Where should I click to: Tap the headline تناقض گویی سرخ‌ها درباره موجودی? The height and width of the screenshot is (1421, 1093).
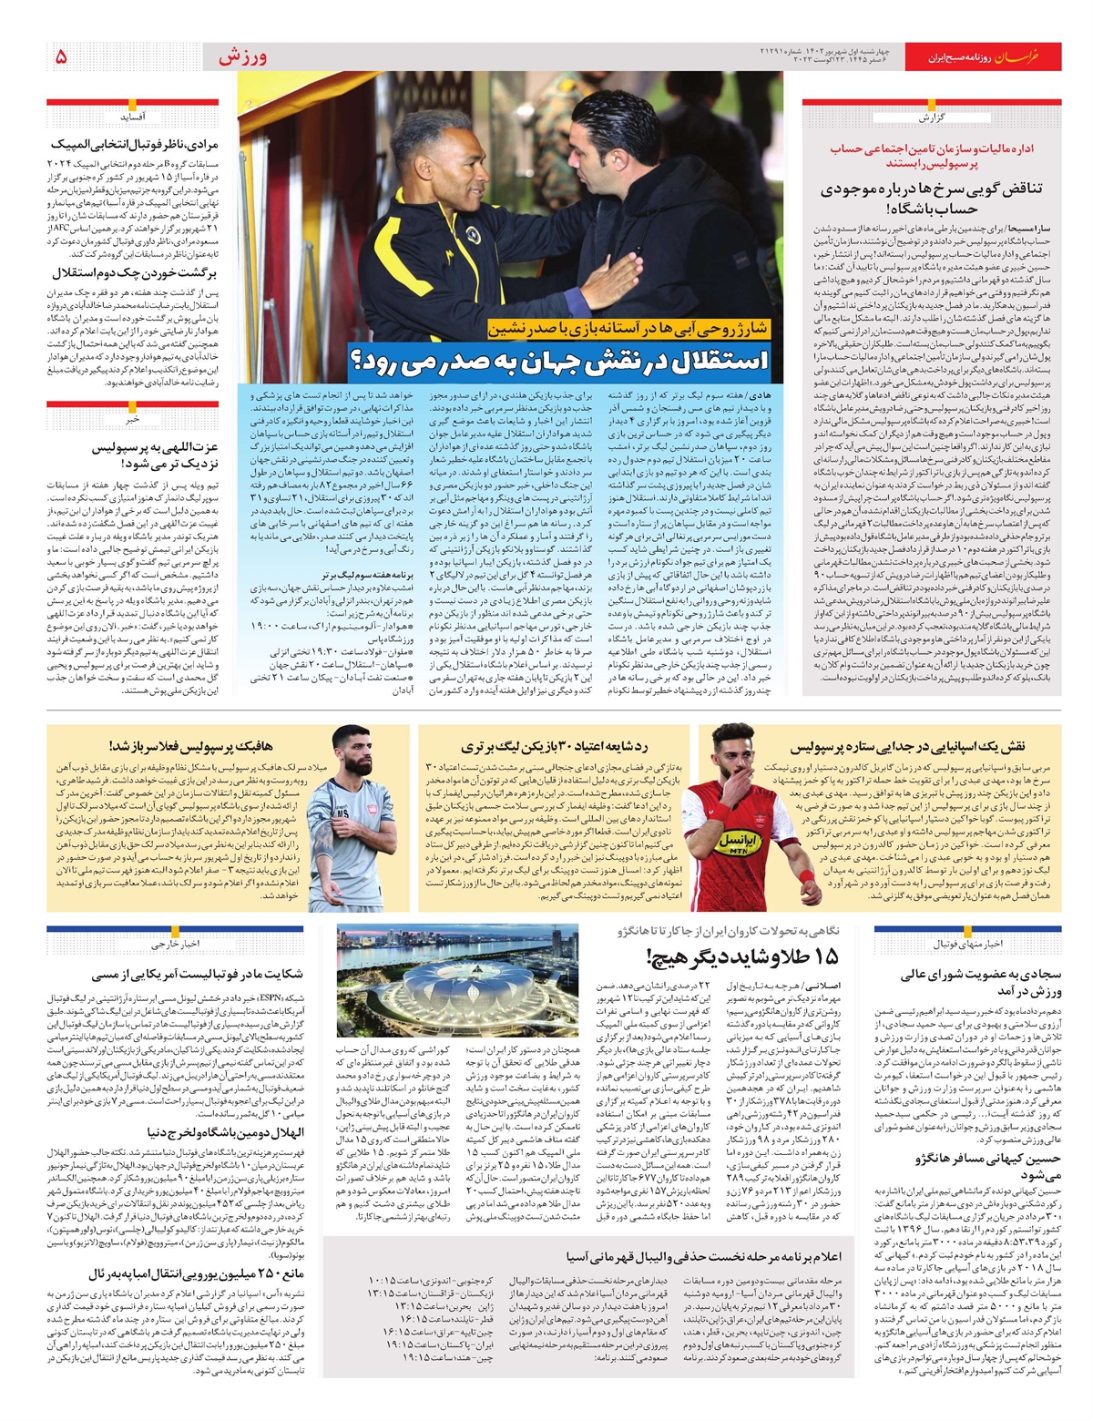[931, 198]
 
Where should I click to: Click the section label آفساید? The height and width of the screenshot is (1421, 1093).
[133, 118]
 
